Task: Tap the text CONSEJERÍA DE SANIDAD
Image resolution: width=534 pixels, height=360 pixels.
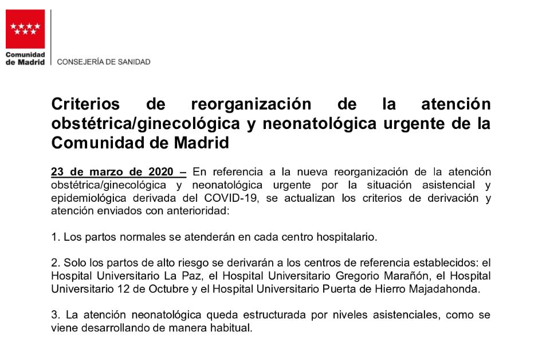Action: tap(104, 62)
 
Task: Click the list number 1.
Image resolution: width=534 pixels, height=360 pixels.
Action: tap(54, 236)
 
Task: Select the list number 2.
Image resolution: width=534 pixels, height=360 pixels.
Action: tap(54, 263)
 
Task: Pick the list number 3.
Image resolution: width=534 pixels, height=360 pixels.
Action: tap(54, 315)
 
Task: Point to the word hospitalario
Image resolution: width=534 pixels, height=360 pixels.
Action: tap(350, 236)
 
